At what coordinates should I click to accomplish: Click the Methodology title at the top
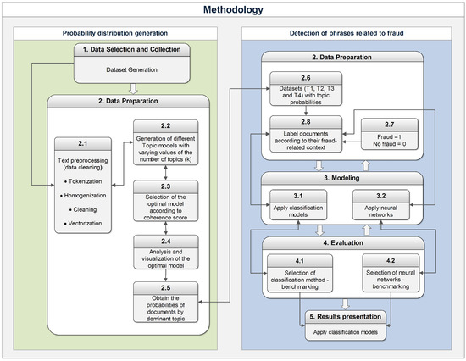[x=233, y=10]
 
